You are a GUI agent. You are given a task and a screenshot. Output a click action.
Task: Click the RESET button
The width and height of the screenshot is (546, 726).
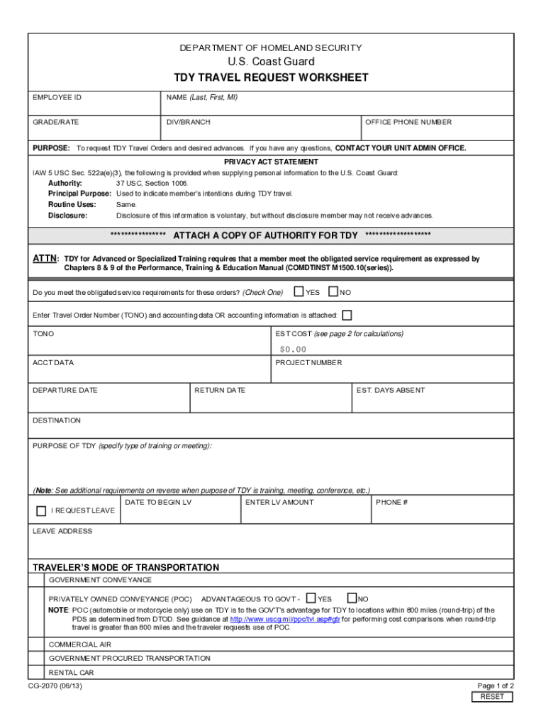(492, 697)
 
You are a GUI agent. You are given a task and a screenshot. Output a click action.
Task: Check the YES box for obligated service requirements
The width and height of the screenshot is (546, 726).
(299, 291)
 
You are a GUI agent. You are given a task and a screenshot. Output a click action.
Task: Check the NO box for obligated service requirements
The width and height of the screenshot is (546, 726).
(333, 291)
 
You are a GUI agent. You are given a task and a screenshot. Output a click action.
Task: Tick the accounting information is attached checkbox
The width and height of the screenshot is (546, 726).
(347, 315)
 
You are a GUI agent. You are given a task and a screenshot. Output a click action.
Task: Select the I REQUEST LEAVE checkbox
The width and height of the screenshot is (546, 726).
(41, 510)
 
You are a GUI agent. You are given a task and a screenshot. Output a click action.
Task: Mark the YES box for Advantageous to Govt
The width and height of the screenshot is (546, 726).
(311, 598)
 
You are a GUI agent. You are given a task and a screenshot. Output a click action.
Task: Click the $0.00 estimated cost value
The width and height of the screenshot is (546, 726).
(293, 349)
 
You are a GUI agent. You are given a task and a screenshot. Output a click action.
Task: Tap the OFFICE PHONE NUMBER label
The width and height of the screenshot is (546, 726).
(408, 122)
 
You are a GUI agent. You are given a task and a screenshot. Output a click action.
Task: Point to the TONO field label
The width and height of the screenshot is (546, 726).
(43, 334)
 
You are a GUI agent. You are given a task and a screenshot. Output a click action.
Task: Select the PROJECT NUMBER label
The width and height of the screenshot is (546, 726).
(308, 363)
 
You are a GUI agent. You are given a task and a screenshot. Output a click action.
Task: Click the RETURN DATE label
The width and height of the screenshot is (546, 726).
(220, 390)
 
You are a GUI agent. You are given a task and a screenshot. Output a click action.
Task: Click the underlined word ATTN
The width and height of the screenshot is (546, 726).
(45, 259)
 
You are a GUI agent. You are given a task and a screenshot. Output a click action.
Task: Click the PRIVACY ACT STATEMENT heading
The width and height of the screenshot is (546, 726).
(272, 162)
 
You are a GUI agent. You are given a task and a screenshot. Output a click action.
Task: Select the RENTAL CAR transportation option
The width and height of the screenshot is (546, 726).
(71, 672)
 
